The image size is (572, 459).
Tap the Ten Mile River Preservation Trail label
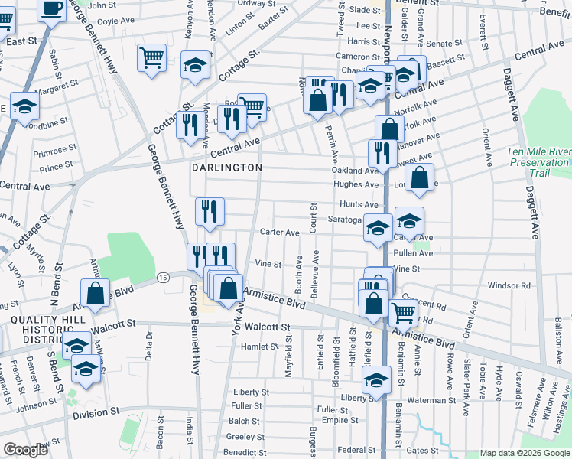[x=538, y=162]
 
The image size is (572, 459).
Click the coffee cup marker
[x=52, y=10]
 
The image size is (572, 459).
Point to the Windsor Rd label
[x=509, y=285]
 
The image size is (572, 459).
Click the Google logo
[x=25, y=450]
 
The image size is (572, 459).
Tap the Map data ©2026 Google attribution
[x=525, y=453]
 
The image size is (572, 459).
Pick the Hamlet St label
[x=259, y=347]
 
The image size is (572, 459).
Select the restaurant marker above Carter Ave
[x=210, y=211]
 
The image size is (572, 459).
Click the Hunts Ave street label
[x=359, y=205]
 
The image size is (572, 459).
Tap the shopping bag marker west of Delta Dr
[x=96, y=293]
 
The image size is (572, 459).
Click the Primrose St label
[x=56, y=150]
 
